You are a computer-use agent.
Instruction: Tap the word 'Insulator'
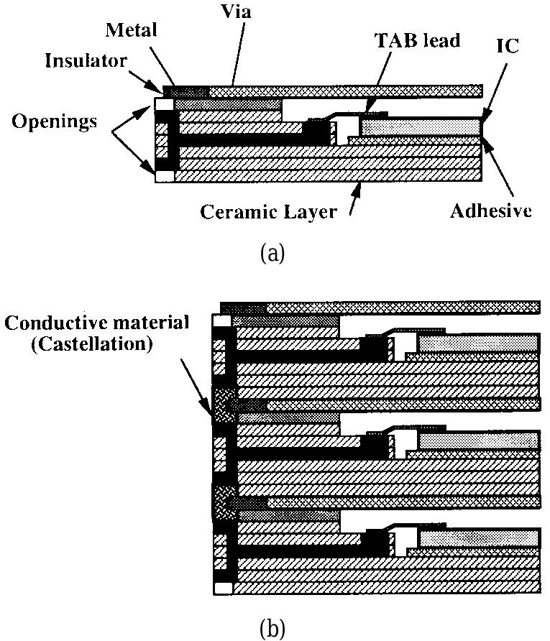(x=86, y=60)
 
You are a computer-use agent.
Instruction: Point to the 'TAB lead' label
(x=418, y=41)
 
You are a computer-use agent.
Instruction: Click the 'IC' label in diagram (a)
(x=509, y=45)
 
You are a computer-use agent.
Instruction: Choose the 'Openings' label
(x=54, y=121)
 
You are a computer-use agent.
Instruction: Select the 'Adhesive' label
(x=491, y=211)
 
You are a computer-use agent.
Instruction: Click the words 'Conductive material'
(x=96, y=322)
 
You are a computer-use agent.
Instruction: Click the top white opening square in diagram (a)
(x=165, y=106)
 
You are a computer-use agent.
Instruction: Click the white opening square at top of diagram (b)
(x=222, y=320)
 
